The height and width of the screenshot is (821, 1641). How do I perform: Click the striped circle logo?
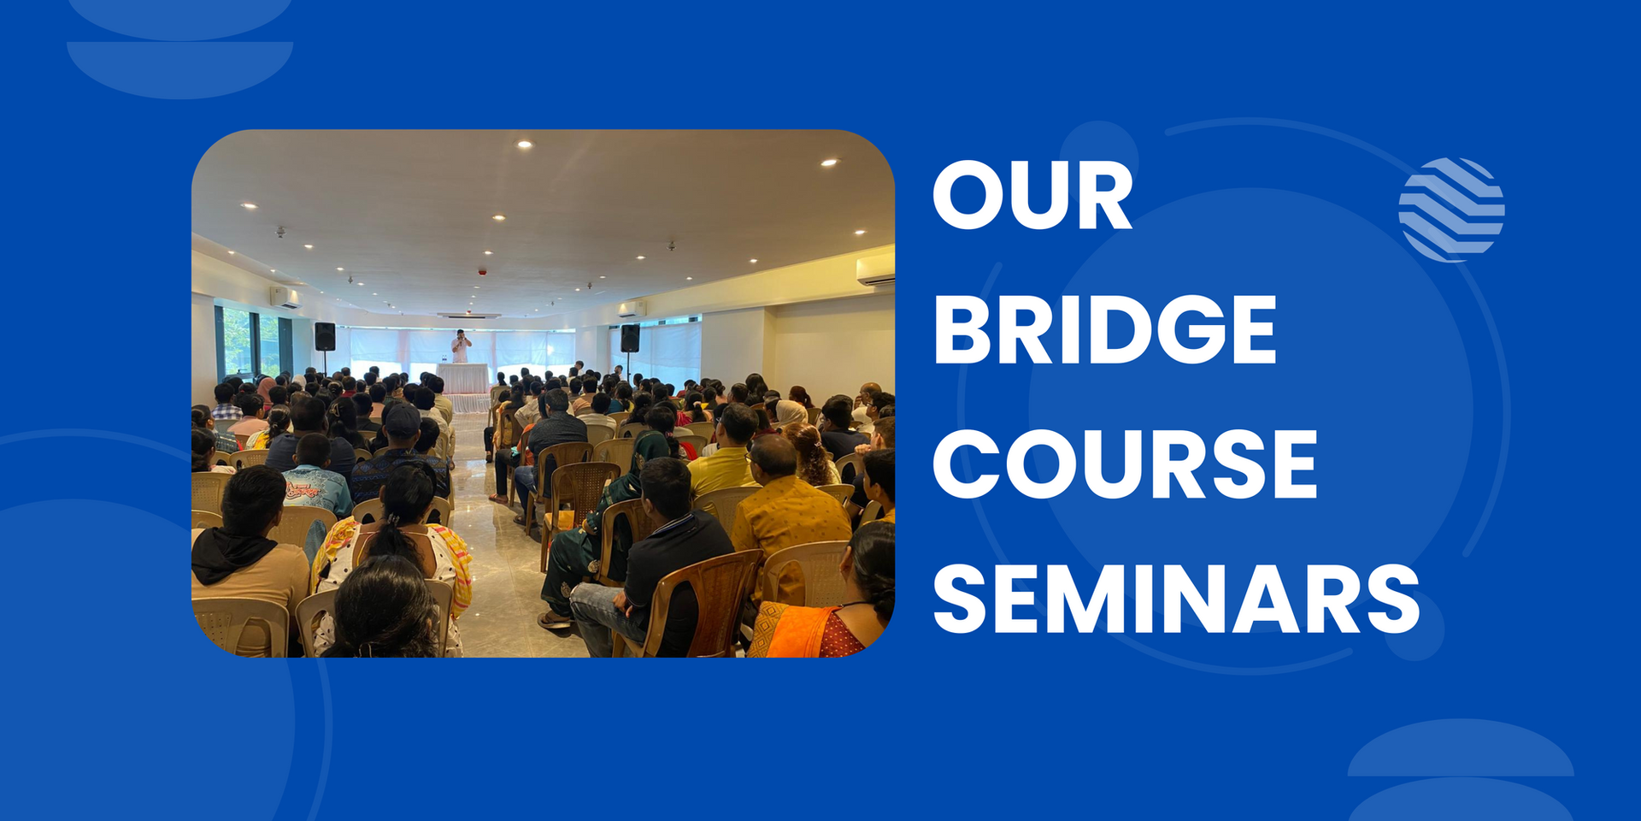click(x=1451, y=210)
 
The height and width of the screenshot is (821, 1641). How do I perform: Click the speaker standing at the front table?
click(x=461, y=346)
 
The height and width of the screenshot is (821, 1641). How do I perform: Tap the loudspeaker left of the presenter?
click(x=325, y=336)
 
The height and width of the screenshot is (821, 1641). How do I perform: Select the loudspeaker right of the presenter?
click(x=630, y=338)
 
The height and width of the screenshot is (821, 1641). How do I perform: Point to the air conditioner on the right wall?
click(x=875, y=269)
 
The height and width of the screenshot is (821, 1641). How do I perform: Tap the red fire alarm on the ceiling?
click(x=482, y=272)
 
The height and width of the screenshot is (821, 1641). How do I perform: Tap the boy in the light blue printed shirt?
click(x=315, y=475)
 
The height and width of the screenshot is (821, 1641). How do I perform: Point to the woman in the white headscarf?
click(x=790, y=413)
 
